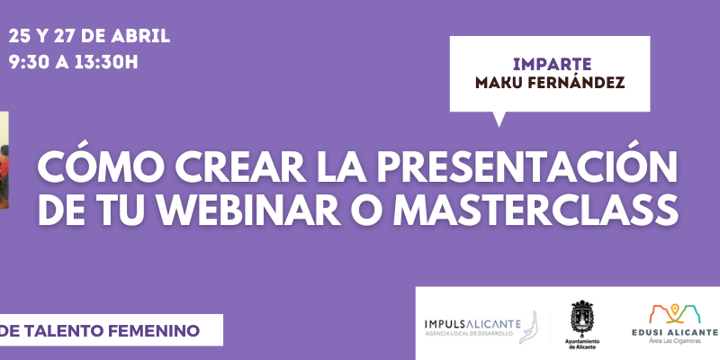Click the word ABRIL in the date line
click(x=141, y=36)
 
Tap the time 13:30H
click(x=106, y=62)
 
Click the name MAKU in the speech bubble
click(x=499, y=83)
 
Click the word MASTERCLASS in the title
click(x=535, y=210)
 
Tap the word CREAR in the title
click(x=240, y=167)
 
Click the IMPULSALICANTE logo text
click(x=472, y=324)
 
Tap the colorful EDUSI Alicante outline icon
click(x=674, y=313)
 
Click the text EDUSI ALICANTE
click(x=675, y=332)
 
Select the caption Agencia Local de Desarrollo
click(x=468, y=334)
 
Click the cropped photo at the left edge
click(x=4, y=161)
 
